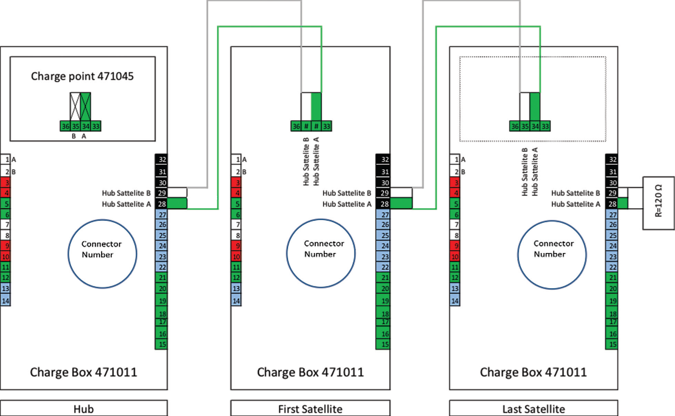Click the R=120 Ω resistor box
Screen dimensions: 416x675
click(x=658, y=203)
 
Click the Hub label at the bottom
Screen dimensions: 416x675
click(x=84, y=409)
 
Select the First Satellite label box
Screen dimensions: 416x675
click(x=310, y=409)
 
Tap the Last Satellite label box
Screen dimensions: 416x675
click(x=533, y=409)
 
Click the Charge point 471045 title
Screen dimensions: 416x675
click(x=82, y=76)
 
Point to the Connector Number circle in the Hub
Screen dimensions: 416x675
click(x=102, y=254)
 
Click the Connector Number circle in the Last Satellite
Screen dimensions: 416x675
click(x=552, y=254)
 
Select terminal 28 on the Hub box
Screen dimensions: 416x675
click(x=162, y=204)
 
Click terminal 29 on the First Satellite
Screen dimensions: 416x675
click(x=384, y=193)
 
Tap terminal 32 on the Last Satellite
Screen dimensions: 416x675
click(x=612, y=159)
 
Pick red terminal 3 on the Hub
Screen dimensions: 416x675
click(x=6, y=182)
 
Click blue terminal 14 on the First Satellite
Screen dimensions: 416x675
click(x=236, y=301)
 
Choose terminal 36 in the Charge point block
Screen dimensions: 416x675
click(x=65, y=126)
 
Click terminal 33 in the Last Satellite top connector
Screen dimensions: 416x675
click(x=545, y=126)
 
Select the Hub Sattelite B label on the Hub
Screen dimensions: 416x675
click(x=126, y=193)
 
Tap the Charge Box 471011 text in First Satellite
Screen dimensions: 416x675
click(x=310, y=372)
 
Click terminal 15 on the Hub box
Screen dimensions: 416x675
click(x=162, y=344)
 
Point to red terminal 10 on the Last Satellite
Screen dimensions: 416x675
click(x=455, y=256)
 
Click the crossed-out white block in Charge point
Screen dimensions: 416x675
click(x=75, y=106)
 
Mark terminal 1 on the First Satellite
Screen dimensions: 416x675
click(x=236, y=159)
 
